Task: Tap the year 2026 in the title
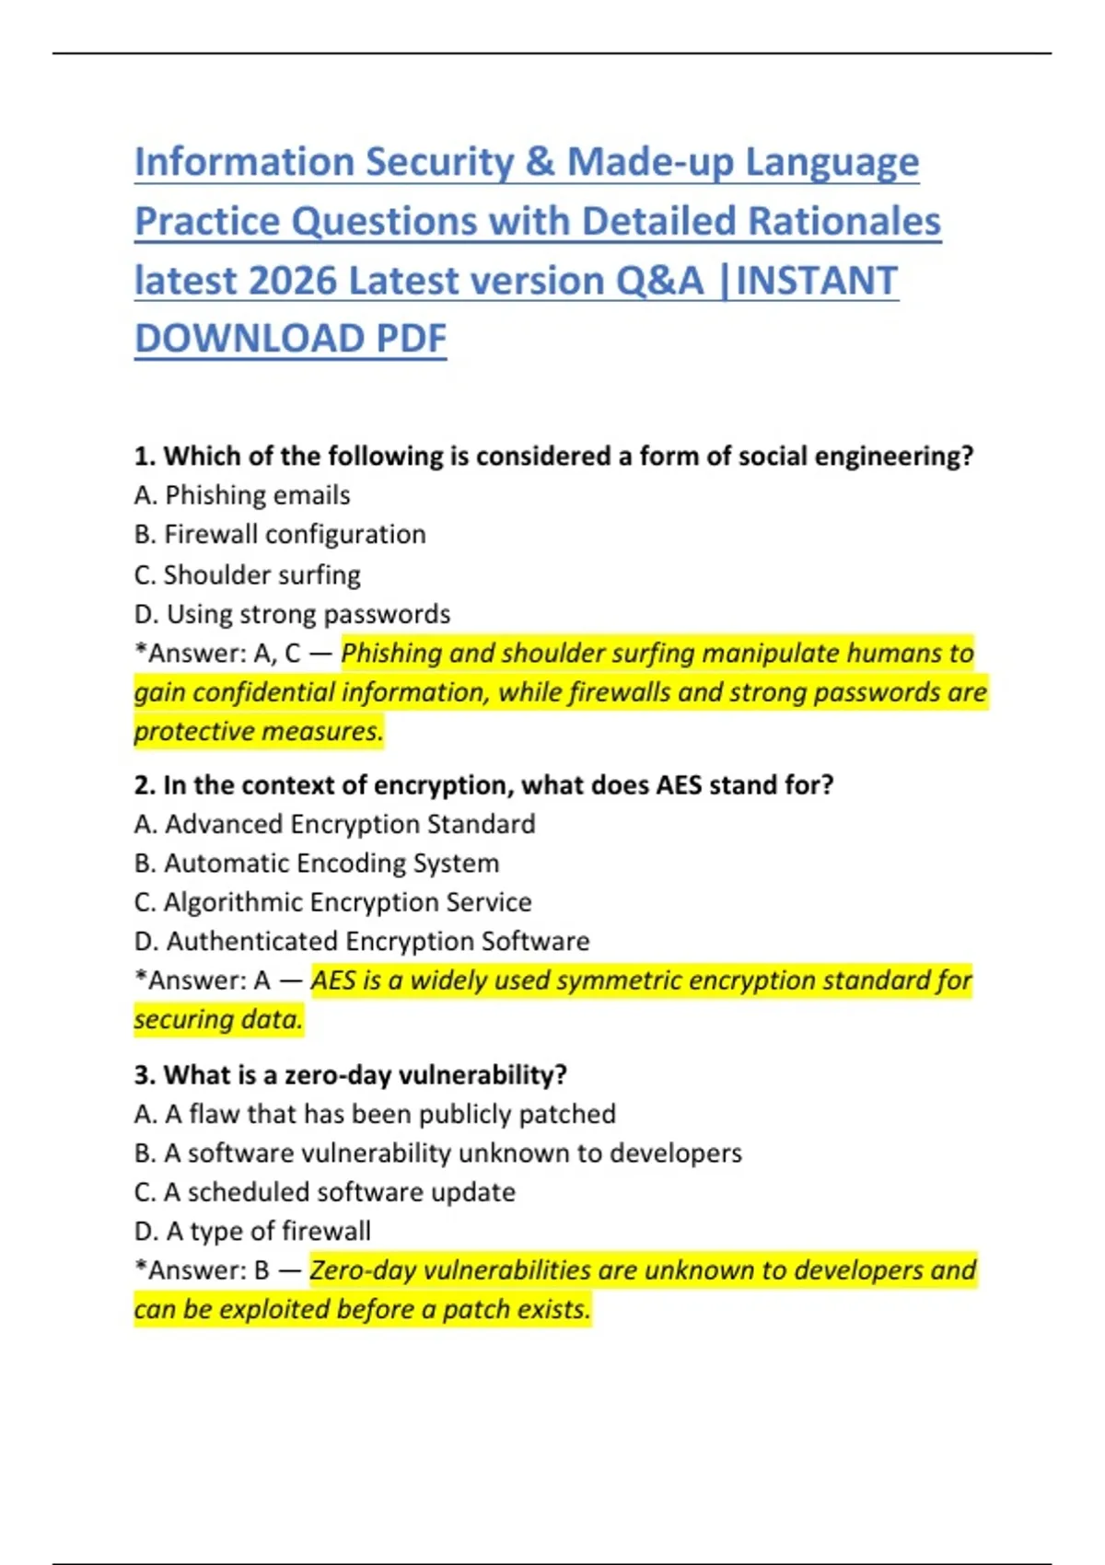pos(293,281)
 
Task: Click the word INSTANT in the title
pos(817,281)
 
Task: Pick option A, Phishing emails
pos(242,495)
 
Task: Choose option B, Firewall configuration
pos(280,535)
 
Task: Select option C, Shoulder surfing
pos(247,574)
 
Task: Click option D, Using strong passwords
pos(292,614)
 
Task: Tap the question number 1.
pos(143,457)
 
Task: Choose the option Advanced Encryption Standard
pos(334,824)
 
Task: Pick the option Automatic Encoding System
pos(317,864)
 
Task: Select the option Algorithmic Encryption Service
pos(332,902)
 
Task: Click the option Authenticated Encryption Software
pos(361,942)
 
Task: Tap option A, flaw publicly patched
pos(375,1114)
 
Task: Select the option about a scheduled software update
pos(324,1192)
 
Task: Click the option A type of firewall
pos(252,1232)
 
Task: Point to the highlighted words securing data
pos(218,1020)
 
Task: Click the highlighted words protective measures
pos(258,732)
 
